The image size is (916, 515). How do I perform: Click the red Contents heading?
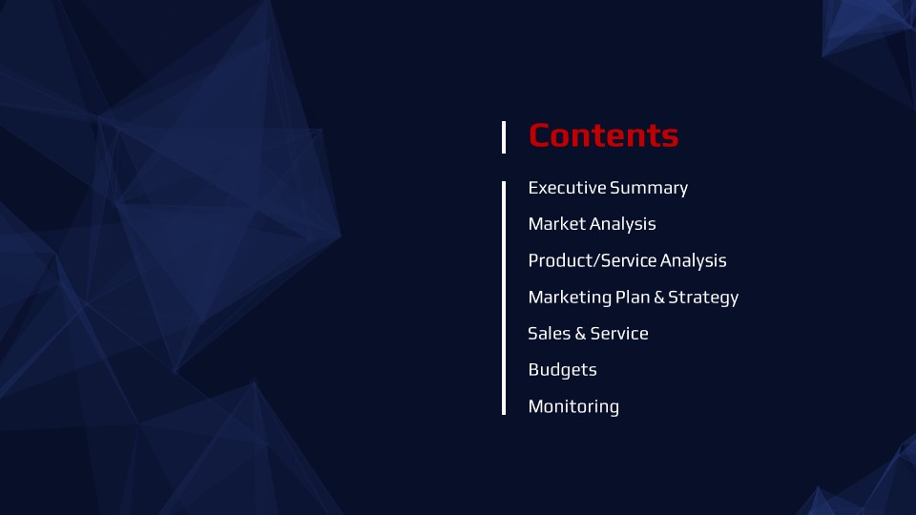[603, 135]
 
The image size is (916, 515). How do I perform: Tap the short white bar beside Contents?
[504, 137]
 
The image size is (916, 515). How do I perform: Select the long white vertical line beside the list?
[504, 298]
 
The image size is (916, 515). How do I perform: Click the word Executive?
[567, 188]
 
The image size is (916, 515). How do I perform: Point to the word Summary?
[649, 189]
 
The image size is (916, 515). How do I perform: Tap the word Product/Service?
[592, 260]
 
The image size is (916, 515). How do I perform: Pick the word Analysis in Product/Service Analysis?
[694, 261]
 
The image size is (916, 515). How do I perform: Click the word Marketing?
[570, 298]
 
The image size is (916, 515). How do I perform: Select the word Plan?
[633, 297]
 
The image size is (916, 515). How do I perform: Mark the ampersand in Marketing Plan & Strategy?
[659, 298]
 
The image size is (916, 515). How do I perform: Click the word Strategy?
[703, 298]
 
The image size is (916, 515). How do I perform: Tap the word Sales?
[550, 334]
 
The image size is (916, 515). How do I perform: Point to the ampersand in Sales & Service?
[580, 334]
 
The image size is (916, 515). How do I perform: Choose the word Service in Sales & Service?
[619, 334]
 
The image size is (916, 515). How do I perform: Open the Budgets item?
[563, 370]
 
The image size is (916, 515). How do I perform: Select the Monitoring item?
[573, 407]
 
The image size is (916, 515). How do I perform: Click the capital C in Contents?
[541, 135]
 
